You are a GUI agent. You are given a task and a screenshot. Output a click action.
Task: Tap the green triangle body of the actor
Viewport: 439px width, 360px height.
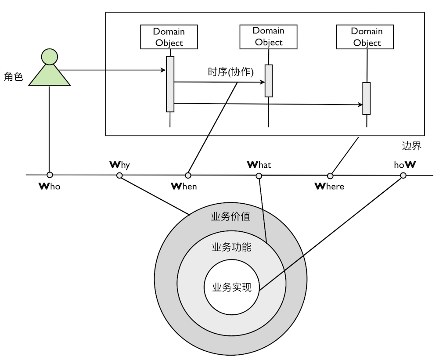tap(49, 76)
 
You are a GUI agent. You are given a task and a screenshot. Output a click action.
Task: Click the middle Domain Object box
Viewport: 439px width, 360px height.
tap(268, 36)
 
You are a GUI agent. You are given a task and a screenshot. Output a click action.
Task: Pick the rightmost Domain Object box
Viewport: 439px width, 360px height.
tap(367, 37)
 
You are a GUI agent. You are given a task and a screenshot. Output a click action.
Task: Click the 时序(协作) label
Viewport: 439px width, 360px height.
tap(230, 72)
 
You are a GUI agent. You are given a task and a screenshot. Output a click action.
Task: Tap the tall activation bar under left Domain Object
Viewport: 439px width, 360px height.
tap(170, 84)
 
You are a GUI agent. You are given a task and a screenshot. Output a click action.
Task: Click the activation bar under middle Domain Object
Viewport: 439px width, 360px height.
tap(269, 81)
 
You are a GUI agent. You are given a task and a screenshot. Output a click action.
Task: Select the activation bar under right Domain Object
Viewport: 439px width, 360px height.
tap(366, 98)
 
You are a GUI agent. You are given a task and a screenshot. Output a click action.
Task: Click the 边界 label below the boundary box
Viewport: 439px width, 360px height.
tap(411, 146)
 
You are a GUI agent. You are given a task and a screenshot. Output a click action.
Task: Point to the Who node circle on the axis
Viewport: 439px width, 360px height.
tap(50, 175)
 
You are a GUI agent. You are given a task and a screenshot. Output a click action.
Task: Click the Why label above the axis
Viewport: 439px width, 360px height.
tap(119, 165)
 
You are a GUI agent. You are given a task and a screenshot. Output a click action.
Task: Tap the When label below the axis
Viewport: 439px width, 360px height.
tap(184, 186)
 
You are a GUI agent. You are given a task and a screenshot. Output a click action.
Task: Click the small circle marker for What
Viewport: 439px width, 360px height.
tap(259, 176)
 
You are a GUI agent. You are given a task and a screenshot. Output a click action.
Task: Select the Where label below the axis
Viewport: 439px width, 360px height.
tap(330, 186)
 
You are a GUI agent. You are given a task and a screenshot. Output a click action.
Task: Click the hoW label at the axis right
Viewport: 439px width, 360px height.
tap(405, 165)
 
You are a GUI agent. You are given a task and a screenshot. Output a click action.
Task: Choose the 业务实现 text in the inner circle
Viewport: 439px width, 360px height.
tap(231, 288)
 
